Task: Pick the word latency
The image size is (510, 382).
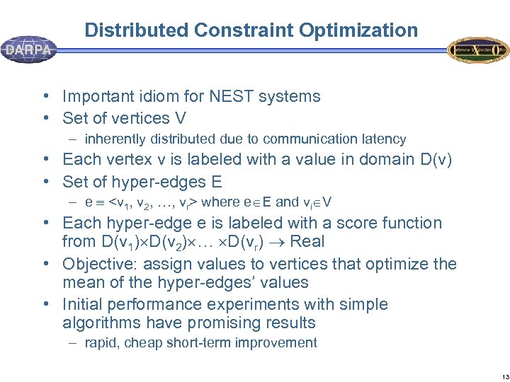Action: pos(381,139)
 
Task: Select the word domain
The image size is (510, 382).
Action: pos(371,160)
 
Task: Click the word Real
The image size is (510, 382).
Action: pos(307,242)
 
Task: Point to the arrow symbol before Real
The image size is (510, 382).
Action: pos(275,242)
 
